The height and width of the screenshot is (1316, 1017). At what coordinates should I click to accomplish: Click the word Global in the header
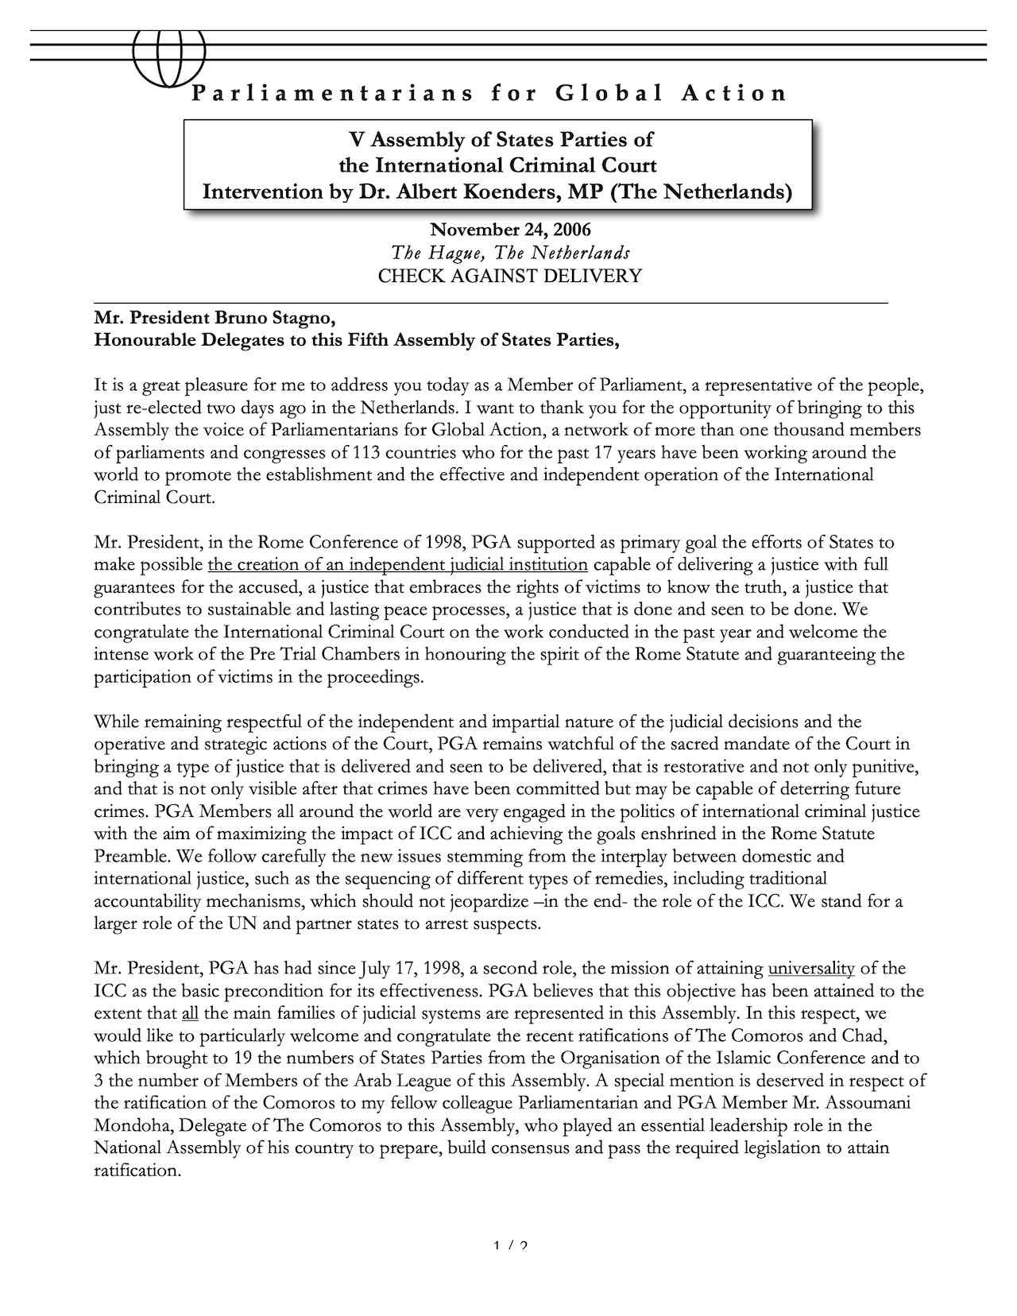609,94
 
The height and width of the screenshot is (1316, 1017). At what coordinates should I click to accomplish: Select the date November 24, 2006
510,230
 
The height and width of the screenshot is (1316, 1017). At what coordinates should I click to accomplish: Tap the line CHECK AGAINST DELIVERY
509,277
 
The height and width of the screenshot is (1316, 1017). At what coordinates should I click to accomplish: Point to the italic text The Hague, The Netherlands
510,254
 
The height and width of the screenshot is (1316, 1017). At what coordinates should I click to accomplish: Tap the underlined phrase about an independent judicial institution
397,566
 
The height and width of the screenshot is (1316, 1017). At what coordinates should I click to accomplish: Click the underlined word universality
811,969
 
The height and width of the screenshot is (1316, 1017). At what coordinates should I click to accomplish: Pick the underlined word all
189,1014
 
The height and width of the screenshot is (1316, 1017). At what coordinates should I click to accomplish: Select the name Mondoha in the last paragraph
130,1126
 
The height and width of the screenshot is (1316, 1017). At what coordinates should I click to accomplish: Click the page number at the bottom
510,1246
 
